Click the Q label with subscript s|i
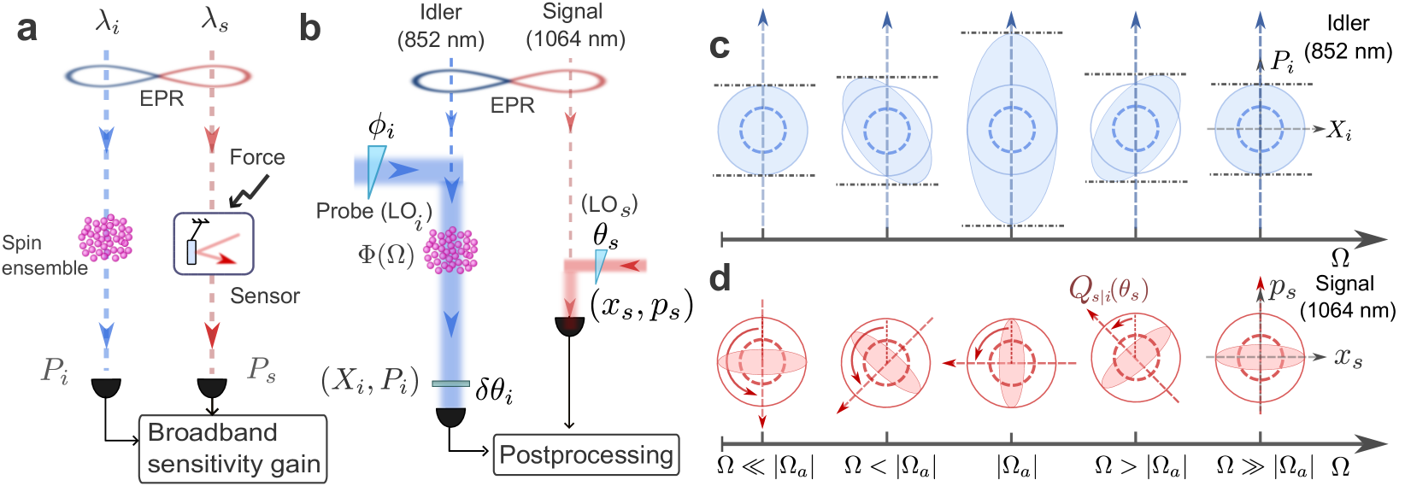pyautogui.click(x=1108, y=290)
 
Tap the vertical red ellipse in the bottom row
pyautogui.click(x=1012, y=363)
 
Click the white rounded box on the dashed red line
pyautogui.click(x=214, y=243)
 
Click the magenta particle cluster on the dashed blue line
pyautogui.click(x=105, y=237)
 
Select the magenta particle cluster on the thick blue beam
pyautogui.click(x=450, y=250)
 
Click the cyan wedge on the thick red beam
pyautogui.click(x=600, y=264)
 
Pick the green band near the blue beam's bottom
pyautogui.click(x=450, y=384)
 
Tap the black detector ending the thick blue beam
pyautogui.click(x=450, y=417)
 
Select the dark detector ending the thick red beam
pyautogui.click(x=570, y=325)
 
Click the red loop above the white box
pyautogui.click(x=208, y=76)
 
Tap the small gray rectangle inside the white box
pyautogui.click(x=191, y=252)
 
